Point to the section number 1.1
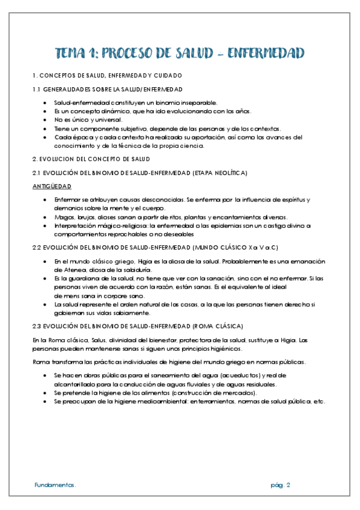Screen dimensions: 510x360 coord(36,90)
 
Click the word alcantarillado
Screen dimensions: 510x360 coord(73,384)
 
